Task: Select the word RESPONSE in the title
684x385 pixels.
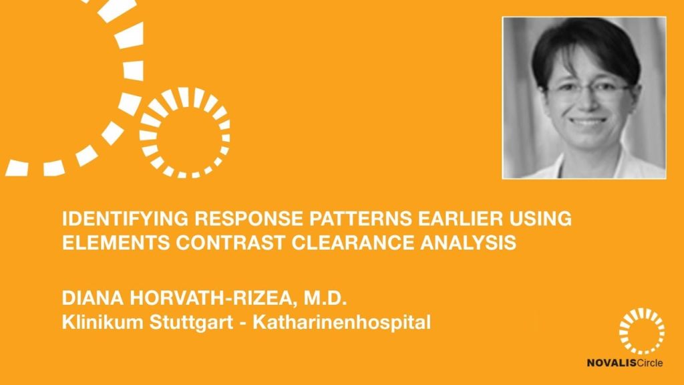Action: pos(248,219)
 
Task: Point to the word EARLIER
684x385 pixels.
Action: pos(460,219)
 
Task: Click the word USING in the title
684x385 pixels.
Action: pos(540,219)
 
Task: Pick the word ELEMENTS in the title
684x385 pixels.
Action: pos(116,243)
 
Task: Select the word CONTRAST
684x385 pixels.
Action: pos(230,243)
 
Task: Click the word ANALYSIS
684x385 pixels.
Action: pos(468,243)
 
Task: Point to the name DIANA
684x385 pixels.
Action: pos(93,298)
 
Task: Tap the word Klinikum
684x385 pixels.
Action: pos(102,322)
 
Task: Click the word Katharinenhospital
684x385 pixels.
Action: pos(341,324)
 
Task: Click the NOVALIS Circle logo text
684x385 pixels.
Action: pos(625,363)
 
